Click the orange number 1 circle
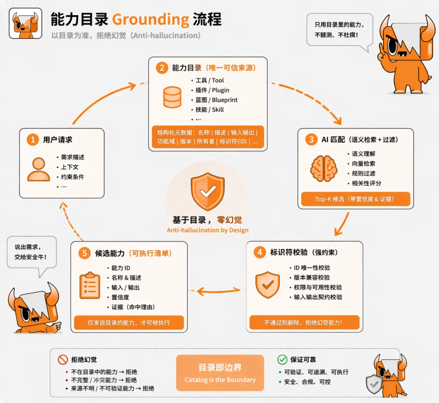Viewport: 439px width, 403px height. pyautogui.click(x=33, y=140)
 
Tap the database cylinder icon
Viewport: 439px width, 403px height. pyautogui.click(x=172, y=97)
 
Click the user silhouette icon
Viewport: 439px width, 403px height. pyautogui.click(x=39, y=169)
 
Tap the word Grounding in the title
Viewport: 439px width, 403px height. pyautogui.click(x=150, y=20)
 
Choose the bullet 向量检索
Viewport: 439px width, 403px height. pyautogui.click(x=363, y=164)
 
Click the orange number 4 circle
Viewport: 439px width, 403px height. pyautogui.click(x=259, y=252)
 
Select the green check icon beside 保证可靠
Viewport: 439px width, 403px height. pyautogui.click(x=282, y=359)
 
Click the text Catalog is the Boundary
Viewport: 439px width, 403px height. pyautogui.click(x=220, y=380)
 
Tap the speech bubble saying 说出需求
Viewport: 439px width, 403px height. pyautogui.click(x=31, y=252)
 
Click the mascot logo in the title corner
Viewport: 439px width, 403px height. pyautogui.click(x=25, y=24)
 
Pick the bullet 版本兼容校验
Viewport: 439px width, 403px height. pyautogui.click(x=312, y=277)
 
